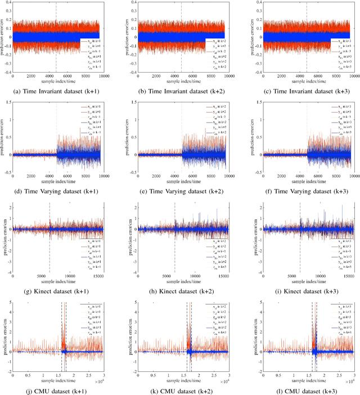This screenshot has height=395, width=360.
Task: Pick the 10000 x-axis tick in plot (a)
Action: point(102,75)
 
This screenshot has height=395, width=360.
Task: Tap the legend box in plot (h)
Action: point(215,250)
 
